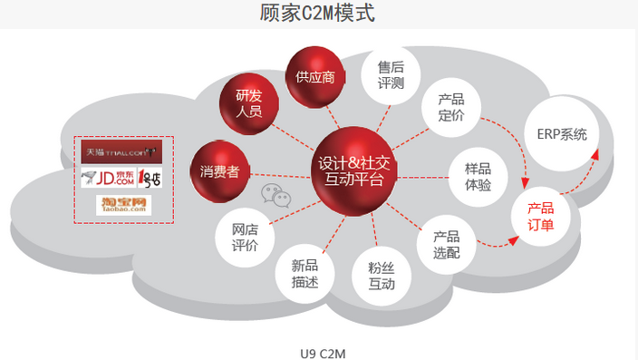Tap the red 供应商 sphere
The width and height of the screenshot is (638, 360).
coord(314,76)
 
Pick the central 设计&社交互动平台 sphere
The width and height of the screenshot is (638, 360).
coord(353,171)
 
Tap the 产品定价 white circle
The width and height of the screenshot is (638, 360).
coord(450,108)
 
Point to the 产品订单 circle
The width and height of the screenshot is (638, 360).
coord(541,216)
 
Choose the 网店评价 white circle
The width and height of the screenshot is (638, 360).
coord(245,238)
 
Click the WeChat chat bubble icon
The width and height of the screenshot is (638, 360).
coord(275,192)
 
